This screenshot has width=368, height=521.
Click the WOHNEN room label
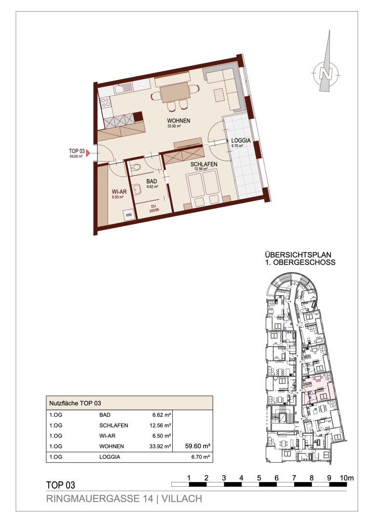[178, 121]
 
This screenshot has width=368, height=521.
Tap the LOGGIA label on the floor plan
[241, 140]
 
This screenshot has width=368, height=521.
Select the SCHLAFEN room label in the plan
[204, 164]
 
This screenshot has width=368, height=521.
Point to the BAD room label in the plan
[151, 182]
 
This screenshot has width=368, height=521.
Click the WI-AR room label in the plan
[119, 192]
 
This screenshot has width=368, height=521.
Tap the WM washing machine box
[129, 215]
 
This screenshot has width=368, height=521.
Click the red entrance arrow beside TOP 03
[88, 153]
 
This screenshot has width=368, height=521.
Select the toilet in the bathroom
[136, 168]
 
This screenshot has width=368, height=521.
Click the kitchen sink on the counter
[123, 89]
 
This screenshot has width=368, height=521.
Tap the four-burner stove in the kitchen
[106, 102]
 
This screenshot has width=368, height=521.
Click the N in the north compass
[326, 73]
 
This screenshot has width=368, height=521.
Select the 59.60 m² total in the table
[198, 446]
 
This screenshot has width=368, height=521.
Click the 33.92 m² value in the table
[160, 446]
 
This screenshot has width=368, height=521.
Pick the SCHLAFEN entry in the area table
[114, 425]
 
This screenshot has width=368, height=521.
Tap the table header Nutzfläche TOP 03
[75, 403]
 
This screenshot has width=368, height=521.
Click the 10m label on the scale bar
[347, 478]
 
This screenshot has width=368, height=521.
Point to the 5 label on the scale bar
[259, 478]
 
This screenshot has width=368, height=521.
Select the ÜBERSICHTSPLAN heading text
[298, 255]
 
